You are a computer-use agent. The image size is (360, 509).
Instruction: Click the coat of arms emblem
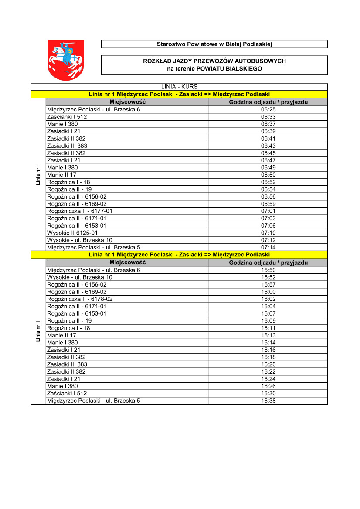tap(65, 60)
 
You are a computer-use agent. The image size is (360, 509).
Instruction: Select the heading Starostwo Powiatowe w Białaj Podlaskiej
tap(214, 44)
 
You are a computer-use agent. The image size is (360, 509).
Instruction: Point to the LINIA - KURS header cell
tap(179, 87)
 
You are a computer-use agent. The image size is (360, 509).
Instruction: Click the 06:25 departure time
tap(268, 109)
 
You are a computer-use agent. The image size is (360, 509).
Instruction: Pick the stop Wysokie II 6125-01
tap(72, 233)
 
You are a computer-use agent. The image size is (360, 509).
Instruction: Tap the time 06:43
tap(268, 146)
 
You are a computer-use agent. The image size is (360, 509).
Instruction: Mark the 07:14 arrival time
tap(268, 247)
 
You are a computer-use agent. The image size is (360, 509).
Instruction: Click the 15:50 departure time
tap(268, 270)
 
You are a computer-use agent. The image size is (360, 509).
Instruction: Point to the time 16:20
tap(268, 364)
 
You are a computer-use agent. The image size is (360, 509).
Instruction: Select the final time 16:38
tap(268, 401)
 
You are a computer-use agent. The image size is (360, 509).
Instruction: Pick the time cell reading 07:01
tap(268, 211)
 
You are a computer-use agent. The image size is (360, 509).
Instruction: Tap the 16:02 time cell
tap(268, 299)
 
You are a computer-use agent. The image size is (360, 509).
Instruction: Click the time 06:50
tap(268, 175)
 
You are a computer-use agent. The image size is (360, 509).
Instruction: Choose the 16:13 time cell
tap(268, 335)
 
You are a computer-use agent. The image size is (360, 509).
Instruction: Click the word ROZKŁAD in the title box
tap(156, 61)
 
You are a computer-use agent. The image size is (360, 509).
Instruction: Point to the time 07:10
tap(268, 233)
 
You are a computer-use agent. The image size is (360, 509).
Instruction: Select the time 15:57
tap(268, 284)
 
